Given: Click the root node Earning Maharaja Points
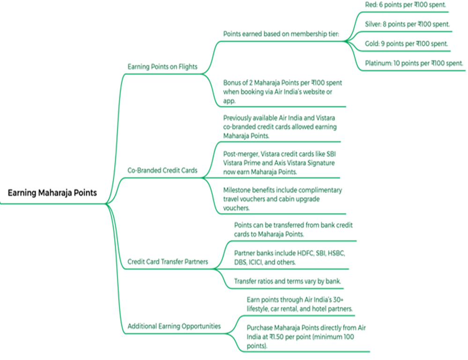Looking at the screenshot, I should (52, 192).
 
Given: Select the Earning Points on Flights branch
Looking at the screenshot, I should (162, 67).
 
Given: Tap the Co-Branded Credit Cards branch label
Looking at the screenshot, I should (162, 170).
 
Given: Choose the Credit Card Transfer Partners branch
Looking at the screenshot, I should (167, 262).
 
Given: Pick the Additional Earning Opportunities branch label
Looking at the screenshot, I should (174, 326).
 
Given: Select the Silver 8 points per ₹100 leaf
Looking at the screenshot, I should (407, 24).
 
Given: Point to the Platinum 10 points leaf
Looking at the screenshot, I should (414, 63).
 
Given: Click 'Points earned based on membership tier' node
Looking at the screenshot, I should (283, 34).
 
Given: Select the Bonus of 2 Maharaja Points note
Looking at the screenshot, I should (282, 91).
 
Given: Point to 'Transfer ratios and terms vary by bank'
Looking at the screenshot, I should (287, 281).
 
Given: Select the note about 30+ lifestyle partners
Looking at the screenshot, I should (299, 304).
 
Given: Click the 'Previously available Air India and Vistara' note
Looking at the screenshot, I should (280, 126).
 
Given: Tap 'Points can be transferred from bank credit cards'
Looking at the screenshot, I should (293, 229).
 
